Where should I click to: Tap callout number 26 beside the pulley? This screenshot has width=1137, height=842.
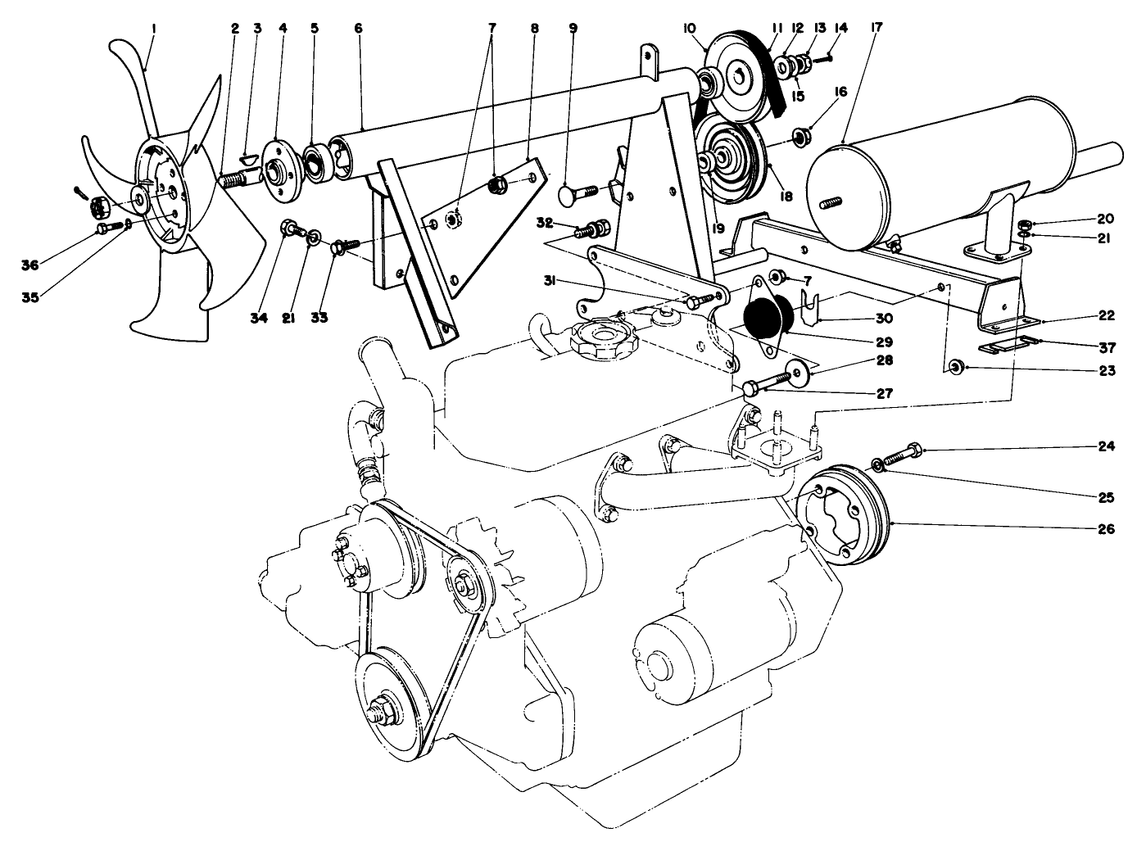(x=1106, y=528)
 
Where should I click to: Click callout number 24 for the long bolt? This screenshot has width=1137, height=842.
(x=1106, y=448)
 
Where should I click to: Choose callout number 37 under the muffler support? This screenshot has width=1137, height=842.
(x=1106, y=346)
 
